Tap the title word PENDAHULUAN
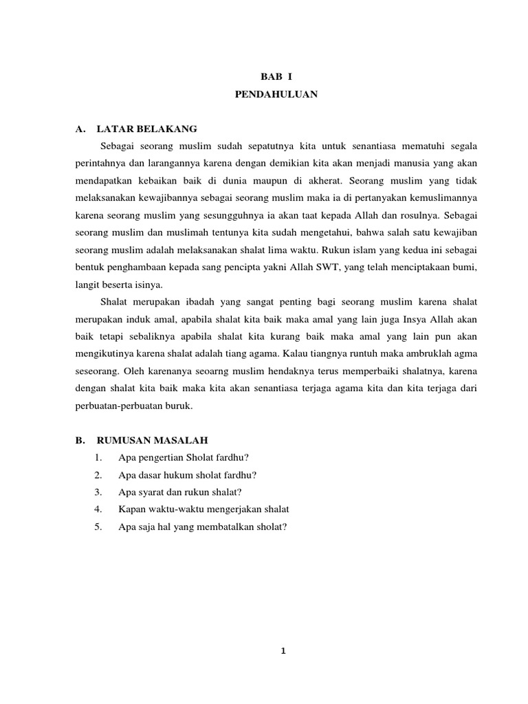coord(276,96)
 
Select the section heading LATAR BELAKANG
coord(147,129)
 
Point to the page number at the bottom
coord(283,653)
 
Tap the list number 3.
coord(99,492)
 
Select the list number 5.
coord(99,527)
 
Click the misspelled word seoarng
coord(192,371)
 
